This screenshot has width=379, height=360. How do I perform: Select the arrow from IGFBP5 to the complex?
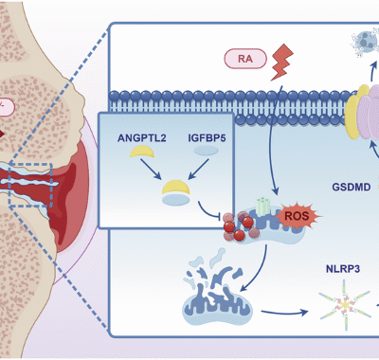[197, 171]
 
